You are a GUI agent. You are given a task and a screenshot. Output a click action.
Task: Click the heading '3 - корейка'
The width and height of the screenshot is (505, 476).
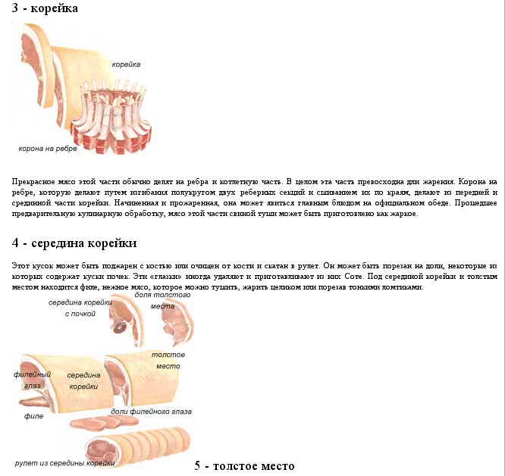click(x=45, y=8)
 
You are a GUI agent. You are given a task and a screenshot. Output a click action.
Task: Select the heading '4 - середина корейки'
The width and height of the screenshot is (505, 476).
click(x=74, y=243)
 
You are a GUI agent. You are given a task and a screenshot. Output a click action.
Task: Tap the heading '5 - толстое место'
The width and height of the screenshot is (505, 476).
click(x=244, y=465)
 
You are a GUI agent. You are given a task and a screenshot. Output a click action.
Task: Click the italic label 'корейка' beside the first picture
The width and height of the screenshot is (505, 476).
click(x=126, y=64)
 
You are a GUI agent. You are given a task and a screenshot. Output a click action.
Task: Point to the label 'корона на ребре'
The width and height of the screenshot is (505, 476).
click(x=48, y=148)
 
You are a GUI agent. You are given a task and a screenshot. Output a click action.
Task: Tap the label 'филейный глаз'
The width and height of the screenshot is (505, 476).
click(x=32, y=380)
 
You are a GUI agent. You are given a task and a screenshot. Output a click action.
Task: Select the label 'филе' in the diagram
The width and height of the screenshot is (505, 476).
click(x=33, y=416)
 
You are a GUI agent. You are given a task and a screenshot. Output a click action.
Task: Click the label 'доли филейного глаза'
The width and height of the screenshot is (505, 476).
click(x=151, y=412)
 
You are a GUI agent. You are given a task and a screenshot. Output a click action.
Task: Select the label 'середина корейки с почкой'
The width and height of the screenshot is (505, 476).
click(x=80, y=307)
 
